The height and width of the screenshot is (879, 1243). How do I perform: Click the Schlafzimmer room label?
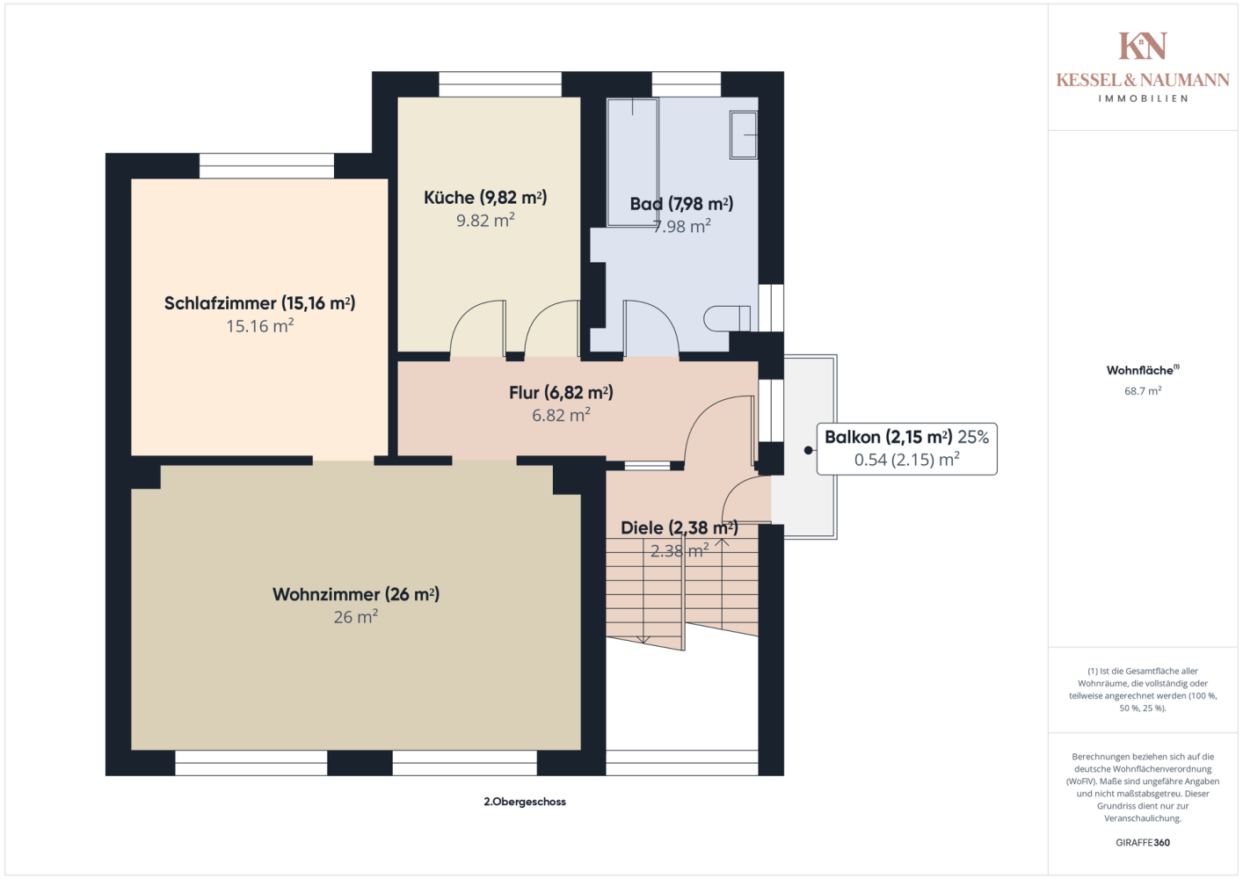(259, 303)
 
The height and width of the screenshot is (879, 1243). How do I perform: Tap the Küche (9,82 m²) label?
(485, 198)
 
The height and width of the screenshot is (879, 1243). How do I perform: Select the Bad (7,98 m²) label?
(681, 204)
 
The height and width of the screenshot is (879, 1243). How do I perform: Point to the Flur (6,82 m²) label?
(561, 393)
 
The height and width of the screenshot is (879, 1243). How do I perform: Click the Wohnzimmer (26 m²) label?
(356, 594)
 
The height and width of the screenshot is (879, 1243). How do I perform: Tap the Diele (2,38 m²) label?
(680, 527)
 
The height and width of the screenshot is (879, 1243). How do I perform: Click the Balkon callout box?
(906, 449)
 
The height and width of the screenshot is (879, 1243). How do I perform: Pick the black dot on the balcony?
(809, 451)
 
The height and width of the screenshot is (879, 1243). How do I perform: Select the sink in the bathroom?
(744, 134)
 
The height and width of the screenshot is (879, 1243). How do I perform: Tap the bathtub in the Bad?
(633, 163)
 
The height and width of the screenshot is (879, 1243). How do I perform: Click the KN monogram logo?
(1143, 46)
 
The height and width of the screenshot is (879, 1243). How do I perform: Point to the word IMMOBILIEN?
(1143, 98)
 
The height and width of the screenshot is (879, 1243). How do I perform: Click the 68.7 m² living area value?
(1143, 390)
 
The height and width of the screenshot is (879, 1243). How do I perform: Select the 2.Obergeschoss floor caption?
(525, 802)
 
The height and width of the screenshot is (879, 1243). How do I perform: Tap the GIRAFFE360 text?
(1143, 842)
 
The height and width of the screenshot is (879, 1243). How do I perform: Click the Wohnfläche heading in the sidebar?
(1143, 370)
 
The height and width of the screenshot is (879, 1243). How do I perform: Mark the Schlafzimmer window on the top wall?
(267, 165)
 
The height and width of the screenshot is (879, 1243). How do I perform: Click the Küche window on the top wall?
(500, 84)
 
